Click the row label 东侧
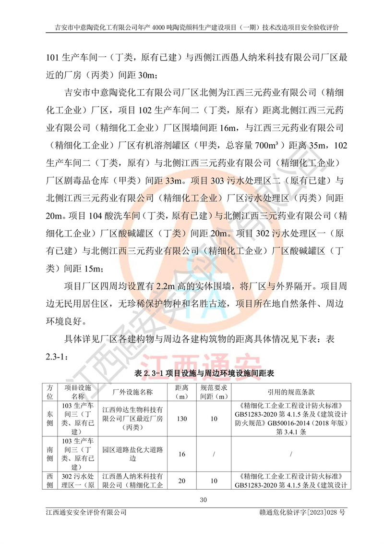(49, 419)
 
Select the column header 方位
(49, 392)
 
